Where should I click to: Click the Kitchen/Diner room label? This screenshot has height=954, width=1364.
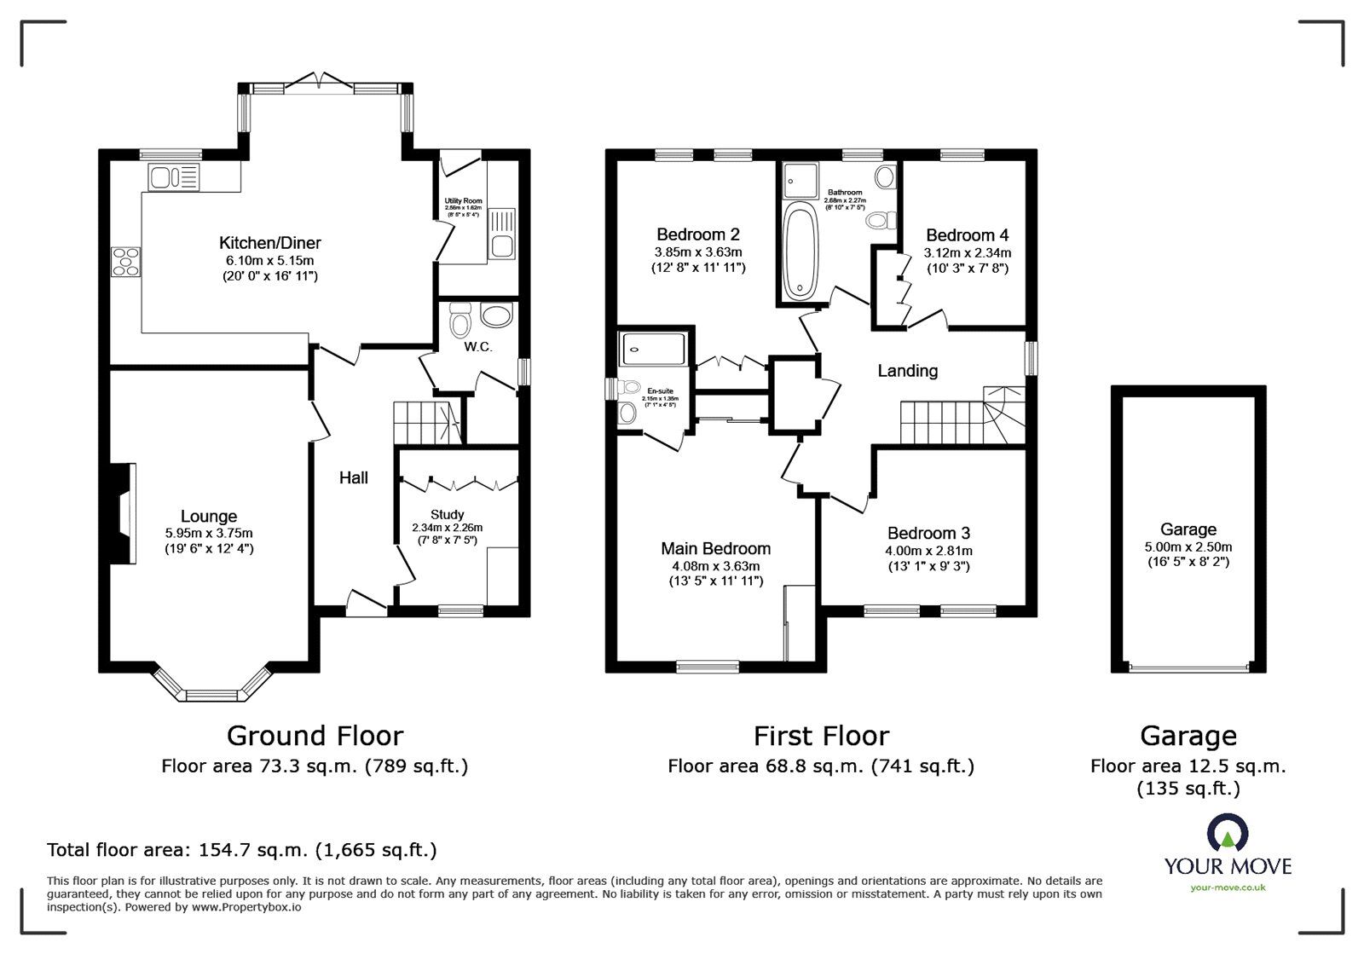269,243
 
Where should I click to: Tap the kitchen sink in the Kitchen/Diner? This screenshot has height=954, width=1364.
173,177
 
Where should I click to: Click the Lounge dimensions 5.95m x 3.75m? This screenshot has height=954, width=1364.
209,533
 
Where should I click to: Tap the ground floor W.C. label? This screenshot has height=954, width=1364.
478,347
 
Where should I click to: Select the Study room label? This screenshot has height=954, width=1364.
447,514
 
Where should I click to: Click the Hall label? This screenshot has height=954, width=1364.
353,477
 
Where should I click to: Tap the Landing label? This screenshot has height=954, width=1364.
907,371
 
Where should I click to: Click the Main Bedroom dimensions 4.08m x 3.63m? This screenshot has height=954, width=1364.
715,566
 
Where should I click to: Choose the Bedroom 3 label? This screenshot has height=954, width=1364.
928,534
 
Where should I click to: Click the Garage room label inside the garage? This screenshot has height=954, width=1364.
1188,529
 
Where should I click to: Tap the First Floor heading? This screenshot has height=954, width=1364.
820,736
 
